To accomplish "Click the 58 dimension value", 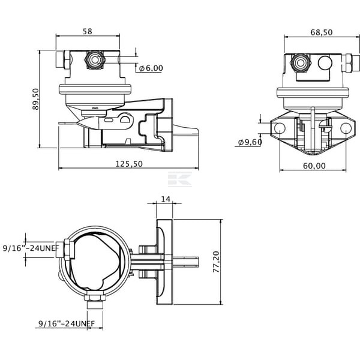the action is click(87, 31).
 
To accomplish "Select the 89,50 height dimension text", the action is click(36, 99).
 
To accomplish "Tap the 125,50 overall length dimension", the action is click(129, 164).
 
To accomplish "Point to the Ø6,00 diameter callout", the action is click(151, 68).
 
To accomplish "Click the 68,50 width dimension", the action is click(322, 32).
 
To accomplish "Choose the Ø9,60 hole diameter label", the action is click(250, 142).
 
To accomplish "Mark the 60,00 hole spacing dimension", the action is click(314, 166).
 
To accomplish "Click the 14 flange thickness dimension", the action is click(166, 199).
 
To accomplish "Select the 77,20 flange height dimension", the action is click(216, 262).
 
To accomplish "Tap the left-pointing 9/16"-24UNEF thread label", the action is click(31, 248).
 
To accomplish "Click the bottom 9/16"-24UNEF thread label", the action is click(67, 324).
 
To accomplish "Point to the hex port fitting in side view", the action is click(95, 59).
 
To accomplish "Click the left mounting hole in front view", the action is click(280, 128).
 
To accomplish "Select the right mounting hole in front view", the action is click(346, 128).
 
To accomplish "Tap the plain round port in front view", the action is click(325, 63).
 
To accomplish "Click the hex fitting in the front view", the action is click(301, 63).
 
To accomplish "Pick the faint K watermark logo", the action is click(180, 179).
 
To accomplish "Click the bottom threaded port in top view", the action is click(95, 301).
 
